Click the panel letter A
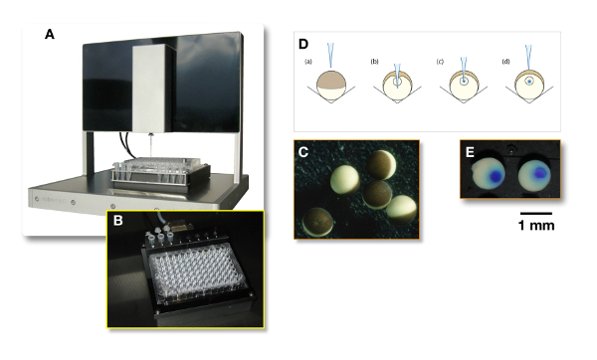click(50, 34)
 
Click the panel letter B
click(118, 220)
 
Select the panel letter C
click(303, 152)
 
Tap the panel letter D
click(303, 44)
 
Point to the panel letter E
click(470, 152)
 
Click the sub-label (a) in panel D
click(308, 62)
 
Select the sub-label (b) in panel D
click(374, 62)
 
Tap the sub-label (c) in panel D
click(440, 62)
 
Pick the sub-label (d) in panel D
click(506, 62)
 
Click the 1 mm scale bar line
click(536, 214)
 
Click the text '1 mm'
click(536, 226)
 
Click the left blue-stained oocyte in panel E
click(489, 174)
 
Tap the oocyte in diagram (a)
click(331, 86)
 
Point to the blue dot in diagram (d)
click(529, 82)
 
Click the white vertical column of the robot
click(151, 88)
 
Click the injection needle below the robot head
click(151, 145)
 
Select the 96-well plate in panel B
click(197, 272)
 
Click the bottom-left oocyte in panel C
click(317, 222)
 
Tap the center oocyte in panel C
click(377, 195)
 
